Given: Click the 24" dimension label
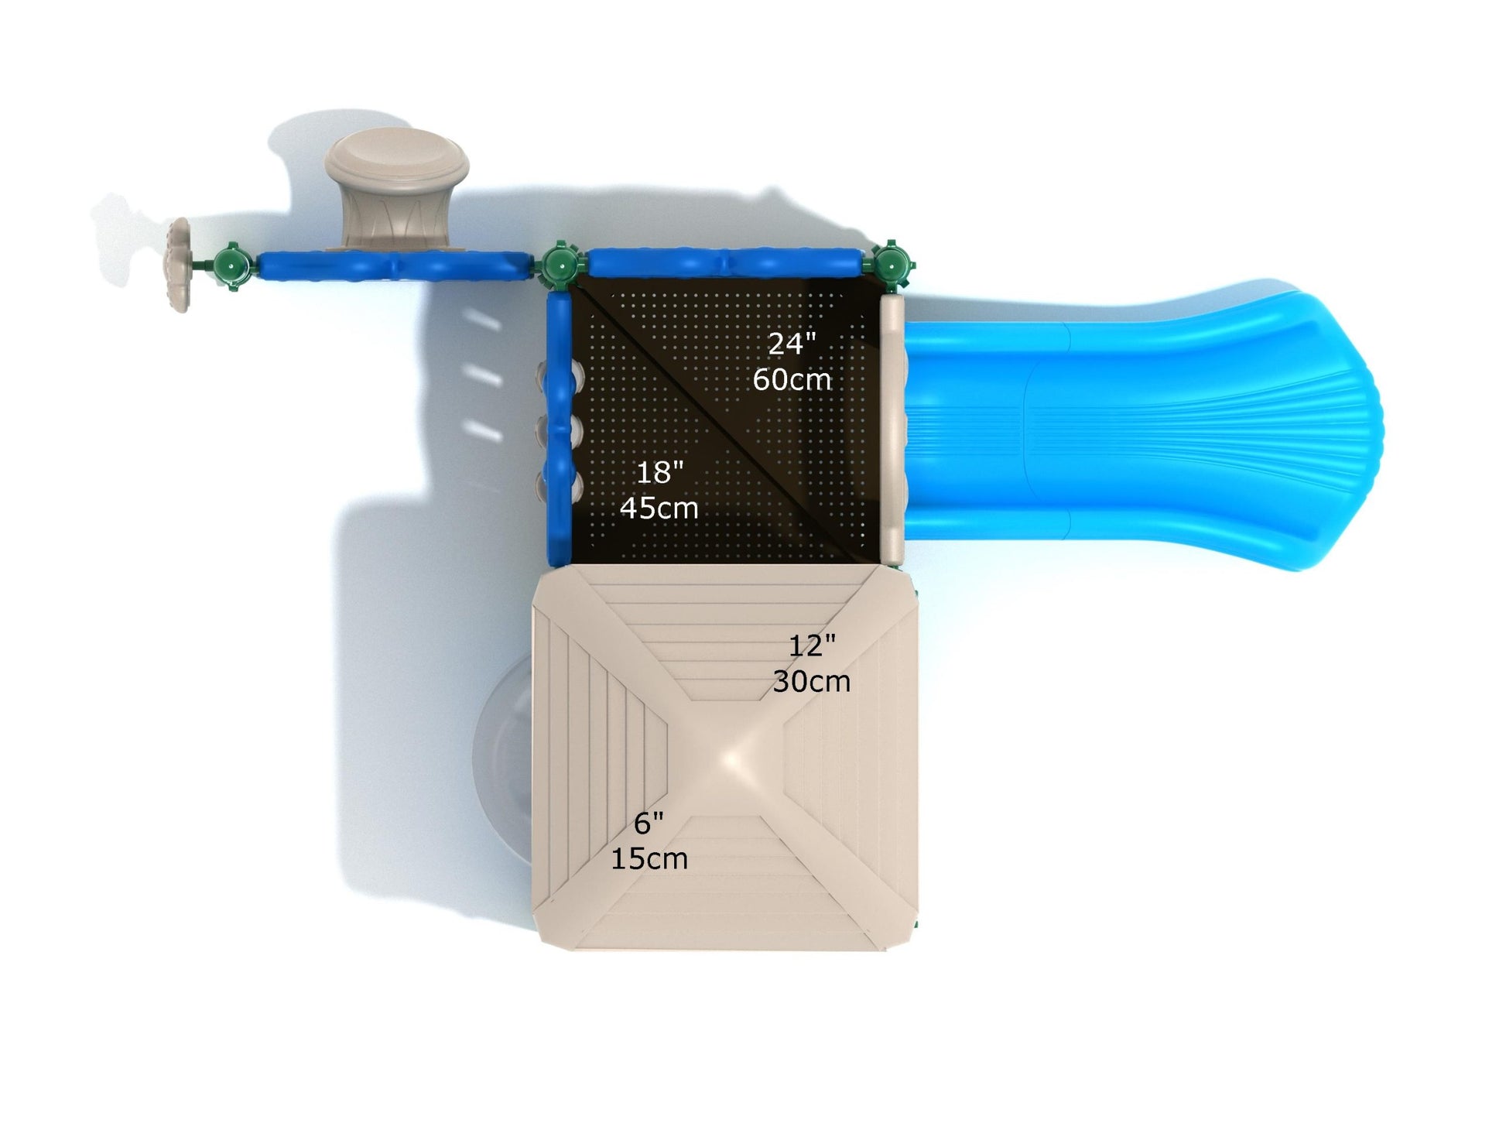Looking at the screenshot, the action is point(792,344).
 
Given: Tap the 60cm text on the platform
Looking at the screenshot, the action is point(792,379).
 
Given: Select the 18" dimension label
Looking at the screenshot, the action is point(659,471).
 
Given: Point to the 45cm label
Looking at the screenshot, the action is point(659,508).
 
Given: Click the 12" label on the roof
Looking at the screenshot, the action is point(812,645).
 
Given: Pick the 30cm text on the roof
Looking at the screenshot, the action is point(812,681).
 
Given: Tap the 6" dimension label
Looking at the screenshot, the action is point(649,824).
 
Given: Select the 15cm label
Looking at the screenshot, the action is point(649,859).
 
